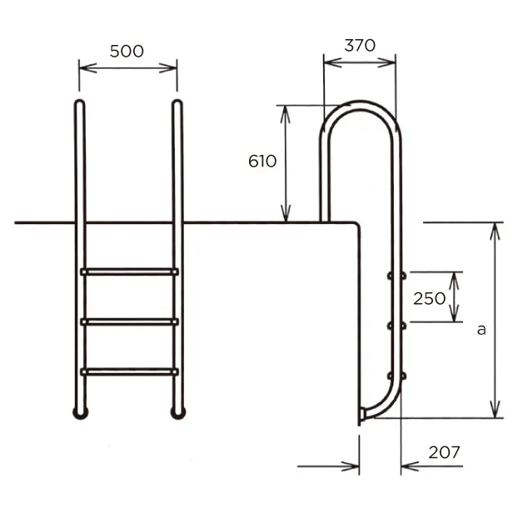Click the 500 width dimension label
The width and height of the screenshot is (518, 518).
[127, 51]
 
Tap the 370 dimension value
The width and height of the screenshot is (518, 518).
[360, 46]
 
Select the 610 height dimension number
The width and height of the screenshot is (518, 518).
[262, 162]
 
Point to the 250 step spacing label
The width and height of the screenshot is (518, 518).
[429, 299]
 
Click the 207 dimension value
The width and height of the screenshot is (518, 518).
[444, 452]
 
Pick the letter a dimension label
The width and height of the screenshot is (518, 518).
[481, 330]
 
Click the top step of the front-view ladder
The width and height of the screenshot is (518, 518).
[130, 271]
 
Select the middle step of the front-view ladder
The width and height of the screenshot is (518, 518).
[130, 321]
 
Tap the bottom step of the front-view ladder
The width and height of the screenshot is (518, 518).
[130, 371]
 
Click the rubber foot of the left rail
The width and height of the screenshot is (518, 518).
[80, 413]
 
